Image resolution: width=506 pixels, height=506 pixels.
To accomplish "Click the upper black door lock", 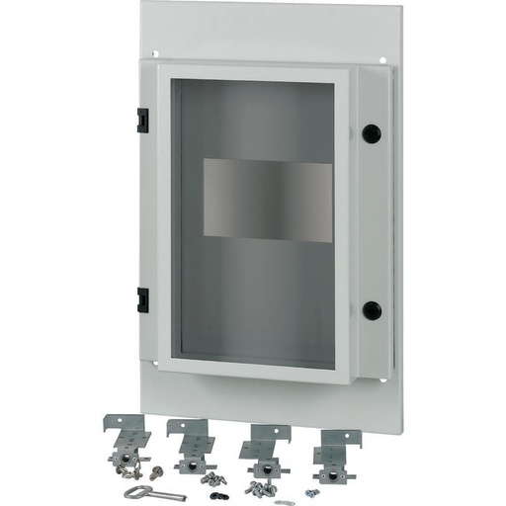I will tap(372, 132).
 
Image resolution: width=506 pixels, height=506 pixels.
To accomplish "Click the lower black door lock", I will tap(372, 309).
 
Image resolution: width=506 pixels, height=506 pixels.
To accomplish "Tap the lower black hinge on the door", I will tap(142, 299).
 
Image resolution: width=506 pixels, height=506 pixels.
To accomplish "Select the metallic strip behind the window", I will tap(267, 201).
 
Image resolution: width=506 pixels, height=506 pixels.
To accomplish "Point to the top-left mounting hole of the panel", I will tap(156, 53).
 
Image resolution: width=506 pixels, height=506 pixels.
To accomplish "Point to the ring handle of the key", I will tap(131, 491).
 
